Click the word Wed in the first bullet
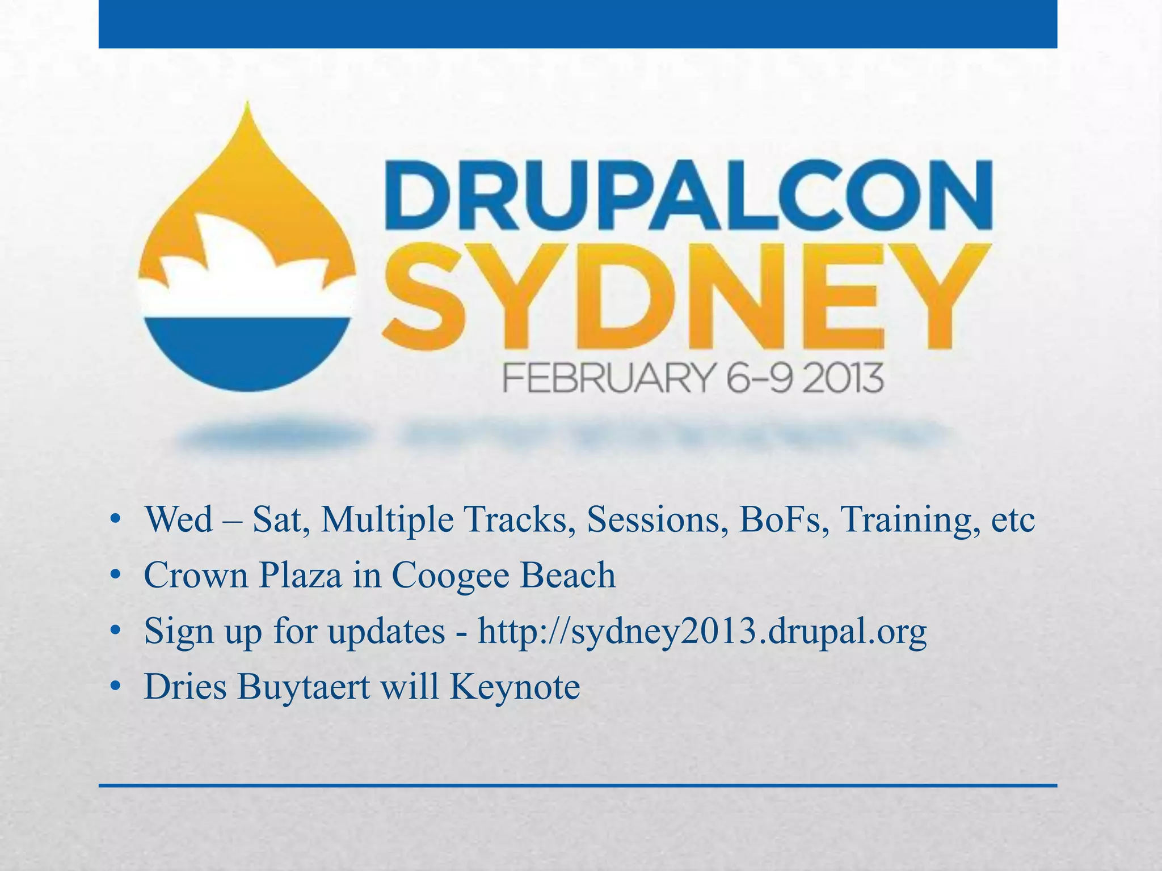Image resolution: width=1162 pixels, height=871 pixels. tap(179, 519)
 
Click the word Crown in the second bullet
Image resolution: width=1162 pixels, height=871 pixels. tap(196, 575)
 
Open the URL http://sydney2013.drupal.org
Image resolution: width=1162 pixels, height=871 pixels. tap(702, 631)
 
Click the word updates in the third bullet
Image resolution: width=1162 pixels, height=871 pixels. tap(386, 631)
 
